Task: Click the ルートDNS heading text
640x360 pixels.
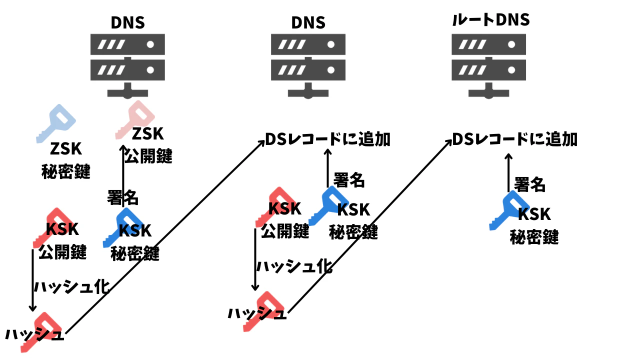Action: (x=491, y=19)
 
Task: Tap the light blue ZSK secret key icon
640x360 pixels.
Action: (x=56, y=123)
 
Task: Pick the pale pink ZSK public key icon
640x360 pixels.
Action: (x=135, y=119)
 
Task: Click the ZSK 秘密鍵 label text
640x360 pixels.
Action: (x=66, y=160)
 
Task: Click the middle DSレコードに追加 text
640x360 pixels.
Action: (x=327, y=139)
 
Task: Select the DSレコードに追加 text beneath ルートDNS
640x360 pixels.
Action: (x=515, y=139)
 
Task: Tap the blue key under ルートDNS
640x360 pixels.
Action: (x=509, y=211)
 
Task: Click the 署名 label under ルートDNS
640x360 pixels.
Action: (x=530, y=184)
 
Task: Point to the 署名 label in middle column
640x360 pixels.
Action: (x=349, y=180)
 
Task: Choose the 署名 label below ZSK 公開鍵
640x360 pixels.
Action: (x=123, y=197)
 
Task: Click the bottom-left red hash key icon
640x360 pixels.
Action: (x=41, y=332)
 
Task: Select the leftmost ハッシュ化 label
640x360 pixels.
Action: (x=72, y=286)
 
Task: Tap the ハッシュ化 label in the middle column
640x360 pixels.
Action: (x=294, y=266)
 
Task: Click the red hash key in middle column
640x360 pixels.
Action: (x=263, y=311)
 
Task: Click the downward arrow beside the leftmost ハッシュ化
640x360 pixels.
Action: (x=32, y=280)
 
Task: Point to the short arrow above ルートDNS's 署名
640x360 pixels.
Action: (x=508, y=172)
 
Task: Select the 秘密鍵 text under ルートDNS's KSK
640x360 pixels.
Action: (x=534, y=237)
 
